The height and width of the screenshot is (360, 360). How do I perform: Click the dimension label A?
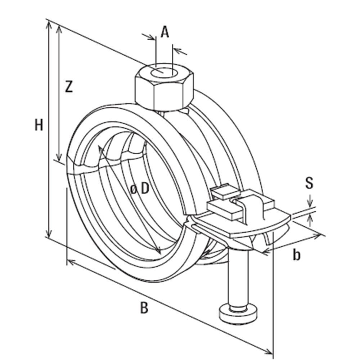[165, 32]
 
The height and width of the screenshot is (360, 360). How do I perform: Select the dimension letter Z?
[68, 87]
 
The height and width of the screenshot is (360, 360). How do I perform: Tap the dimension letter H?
[39, 125]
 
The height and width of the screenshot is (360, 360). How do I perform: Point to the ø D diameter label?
[140, 188]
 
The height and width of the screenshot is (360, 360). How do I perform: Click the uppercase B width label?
[144, 308]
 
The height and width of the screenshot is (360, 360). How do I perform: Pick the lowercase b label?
[296, 255]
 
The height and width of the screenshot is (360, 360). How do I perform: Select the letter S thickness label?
[309, 183]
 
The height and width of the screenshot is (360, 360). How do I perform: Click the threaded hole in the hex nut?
[164, 72]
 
